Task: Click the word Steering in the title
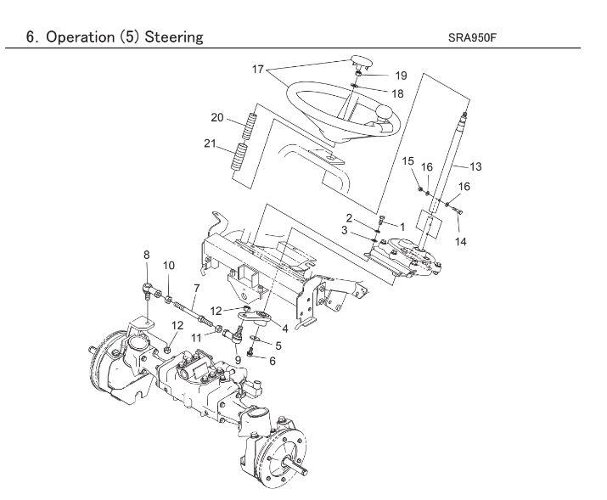coord(174,37)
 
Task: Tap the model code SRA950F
coord(472,37)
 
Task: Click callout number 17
coord(258,70)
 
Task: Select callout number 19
coord(401,76)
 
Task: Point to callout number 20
coord(217,117)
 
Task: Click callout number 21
coord(210,143)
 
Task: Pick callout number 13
coord(475,166)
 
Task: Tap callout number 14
coord(460,241)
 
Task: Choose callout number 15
coord(407,161)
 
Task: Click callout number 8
coord(146,255)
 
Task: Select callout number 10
coord(168,266)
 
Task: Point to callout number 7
coord(197,289)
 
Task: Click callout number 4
coord(285,329)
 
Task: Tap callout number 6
coord(273,361)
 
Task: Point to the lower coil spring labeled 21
coord(239,156)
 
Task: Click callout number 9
coord(238,360)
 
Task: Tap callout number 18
coord(397,93)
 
